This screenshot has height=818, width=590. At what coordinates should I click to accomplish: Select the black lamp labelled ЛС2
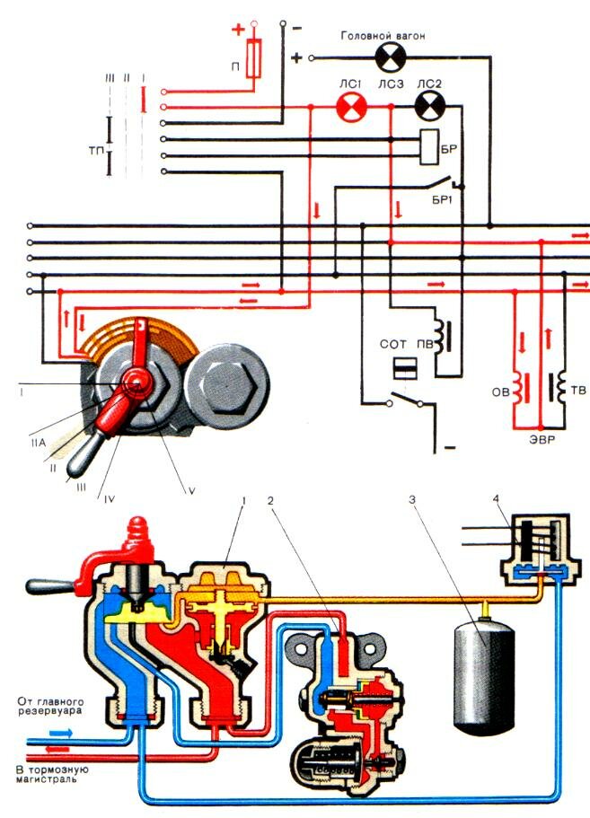pyautogui.click(x=428, y=109)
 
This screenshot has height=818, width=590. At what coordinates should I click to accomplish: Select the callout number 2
pyautogui.click(x=266, y=496)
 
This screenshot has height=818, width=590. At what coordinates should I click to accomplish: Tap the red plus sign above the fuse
pyautogui.click(x=239, y=29)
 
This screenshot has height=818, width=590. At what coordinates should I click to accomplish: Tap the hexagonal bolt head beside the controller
pyautogui.click(x=226, y=387)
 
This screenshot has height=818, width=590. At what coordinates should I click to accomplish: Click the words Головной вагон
pyautogui.click(x=389, y=35)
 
